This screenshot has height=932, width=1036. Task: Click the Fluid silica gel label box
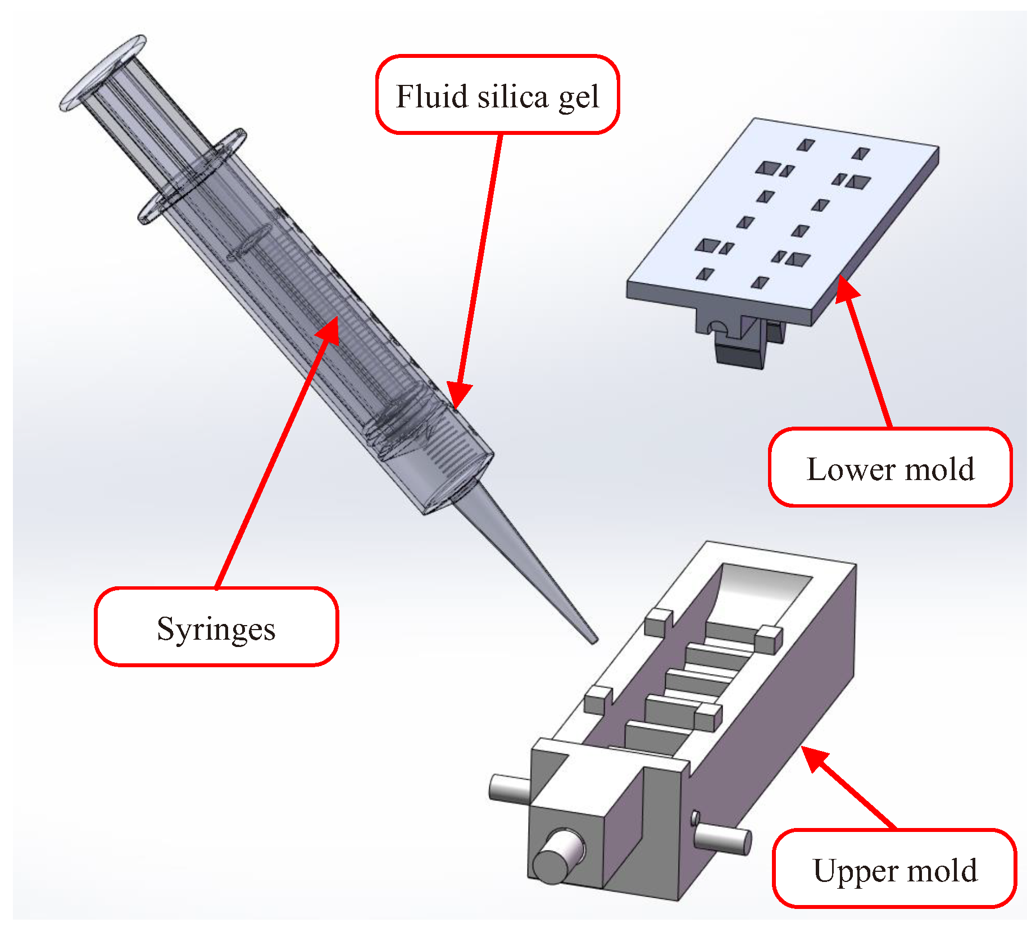click(x=497, y=95)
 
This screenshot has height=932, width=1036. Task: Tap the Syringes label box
click(x=216, y=627)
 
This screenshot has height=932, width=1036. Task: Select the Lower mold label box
click(x=890, y=468)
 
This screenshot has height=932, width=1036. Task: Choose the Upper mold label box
click(x=894, y=869)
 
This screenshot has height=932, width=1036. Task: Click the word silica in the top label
click(x=512, y=96)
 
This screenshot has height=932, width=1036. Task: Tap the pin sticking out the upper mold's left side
click(x=508, y=787)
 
